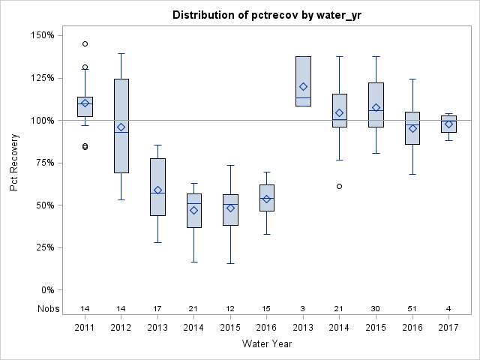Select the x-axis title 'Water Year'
tap(266, 343)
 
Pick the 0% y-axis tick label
tap(46, 290)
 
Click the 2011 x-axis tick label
tap(85, 327)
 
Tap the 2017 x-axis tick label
tap(448, 327)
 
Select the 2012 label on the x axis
tap(121, 327)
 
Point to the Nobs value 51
tap(412, 309)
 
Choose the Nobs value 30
tap(376, 309)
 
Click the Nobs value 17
tap(157, 309)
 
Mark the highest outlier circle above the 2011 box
tap(85, 43)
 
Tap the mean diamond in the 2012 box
tap(121, 127)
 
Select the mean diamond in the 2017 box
tap(448, 124)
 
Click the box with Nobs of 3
tap(303, 81)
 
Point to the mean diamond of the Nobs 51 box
tap(412, 128)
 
